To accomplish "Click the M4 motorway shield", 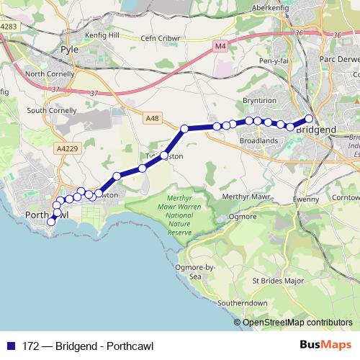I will coord(220,45).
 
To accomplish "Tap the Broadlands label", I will coord(258,141).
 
